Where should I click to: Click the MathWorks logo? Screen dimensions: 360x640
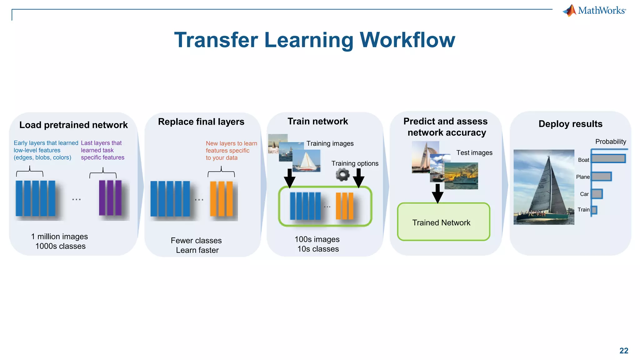594,11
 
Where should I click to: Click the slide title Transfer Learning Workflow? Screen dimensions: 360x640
314,40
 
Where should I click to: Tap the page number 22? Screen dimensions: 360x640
624,351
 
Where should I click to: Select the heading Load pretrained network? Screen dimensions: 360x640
73,125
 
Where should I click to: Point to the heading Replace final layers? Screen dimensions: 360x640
201,122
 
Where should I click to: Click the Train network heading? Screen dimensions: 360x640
317,121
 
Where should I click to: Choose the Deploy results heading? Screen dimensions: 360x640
570,124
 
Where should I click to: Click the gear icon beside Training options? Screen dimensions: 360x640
342,175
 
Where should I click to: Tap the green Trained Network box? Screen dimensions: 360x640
443,222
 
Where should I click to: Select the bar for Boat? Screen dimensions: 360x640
608,159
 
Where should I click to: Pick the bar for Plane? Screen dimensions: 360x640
601,177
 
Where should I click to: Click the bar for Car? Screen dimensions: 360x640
597,194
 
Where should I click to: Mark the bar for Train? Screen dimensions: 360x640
594,210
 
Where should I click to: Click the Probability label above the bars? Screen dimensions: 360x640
610,142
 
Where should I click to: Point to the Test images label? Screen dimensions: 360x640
474,153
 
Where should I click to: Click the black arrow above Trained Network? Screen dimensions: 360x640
437,193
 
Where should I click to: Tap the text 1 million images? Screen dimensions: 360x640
59,237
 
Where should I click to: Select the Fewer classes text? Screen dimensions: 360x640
196,241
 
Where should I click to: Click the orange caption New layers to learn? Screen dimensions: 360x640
231,143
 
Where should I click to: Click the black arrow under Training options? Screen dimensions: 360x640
358,178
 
